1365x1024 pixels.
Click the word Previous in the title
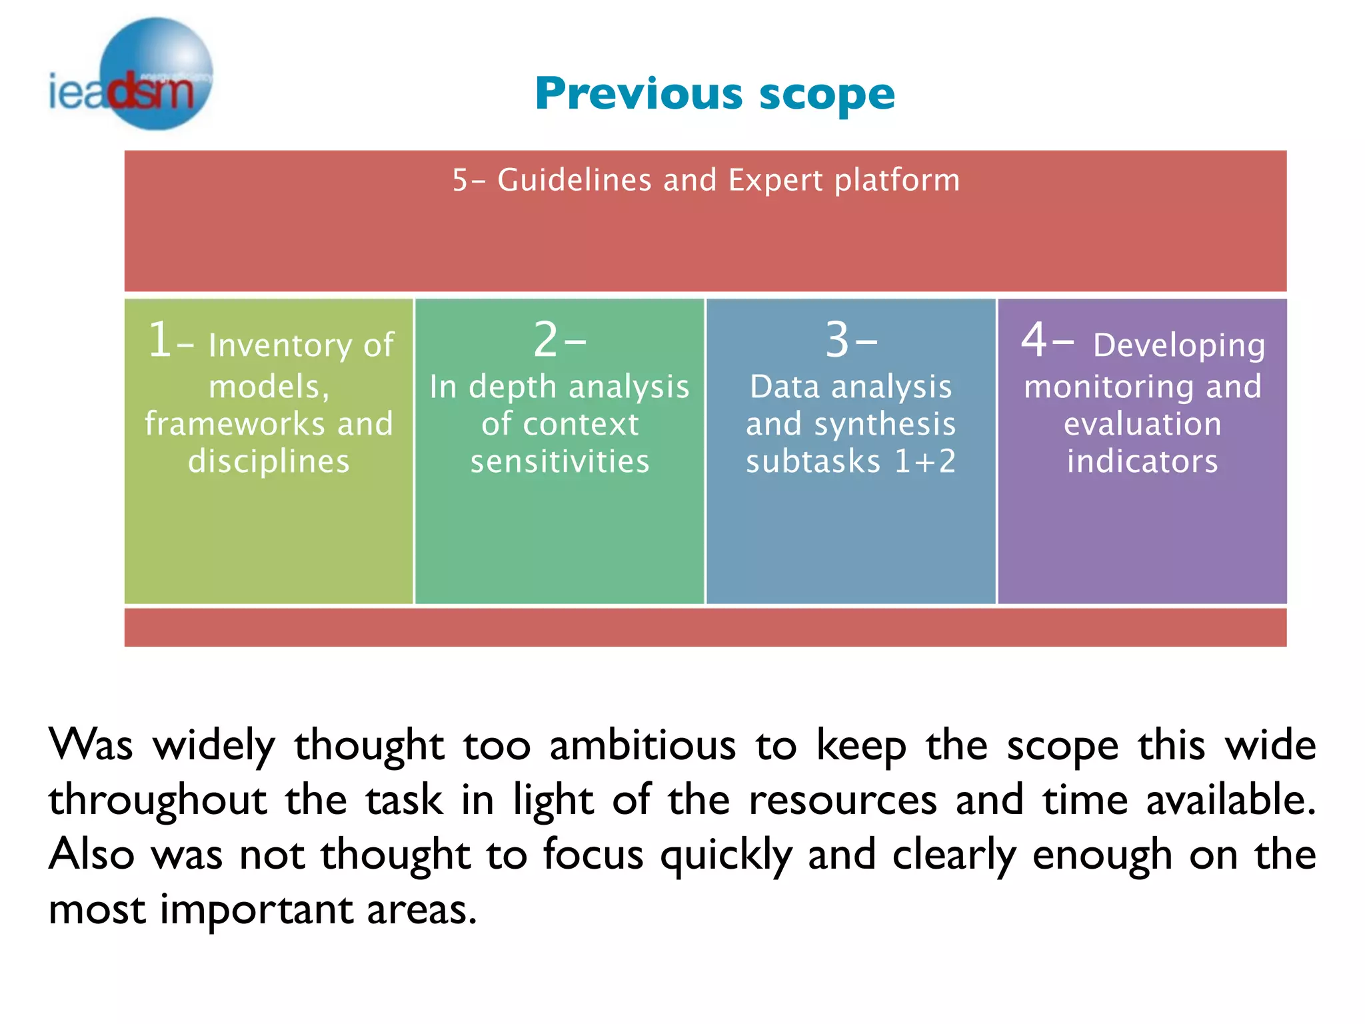[x=639, y=93]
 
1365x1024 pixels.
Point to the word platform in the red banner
[x=897, y=181]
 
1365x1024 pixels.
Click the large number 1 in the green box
[x=160, y=340]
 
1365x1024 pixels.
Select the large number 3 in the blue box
[x=838, y=340]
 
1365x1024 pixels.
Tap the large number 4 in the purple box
[x=1034, y=340]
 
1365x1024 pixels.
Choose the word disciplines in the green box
[x=269, y=461]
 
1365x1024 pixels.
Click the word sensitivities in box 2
[x=560, y=461]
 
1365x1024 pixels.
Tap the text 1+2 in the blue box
[x=925, y=461]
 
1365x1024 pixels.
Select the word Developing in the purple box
[x=1178, y=345]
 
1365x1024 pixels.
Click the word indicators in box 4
[x=1142, y=461]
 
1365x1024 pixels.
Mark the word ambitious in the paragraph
[x=643, y=745]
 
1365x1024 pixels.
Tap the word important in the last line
[x=257, y=910]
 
